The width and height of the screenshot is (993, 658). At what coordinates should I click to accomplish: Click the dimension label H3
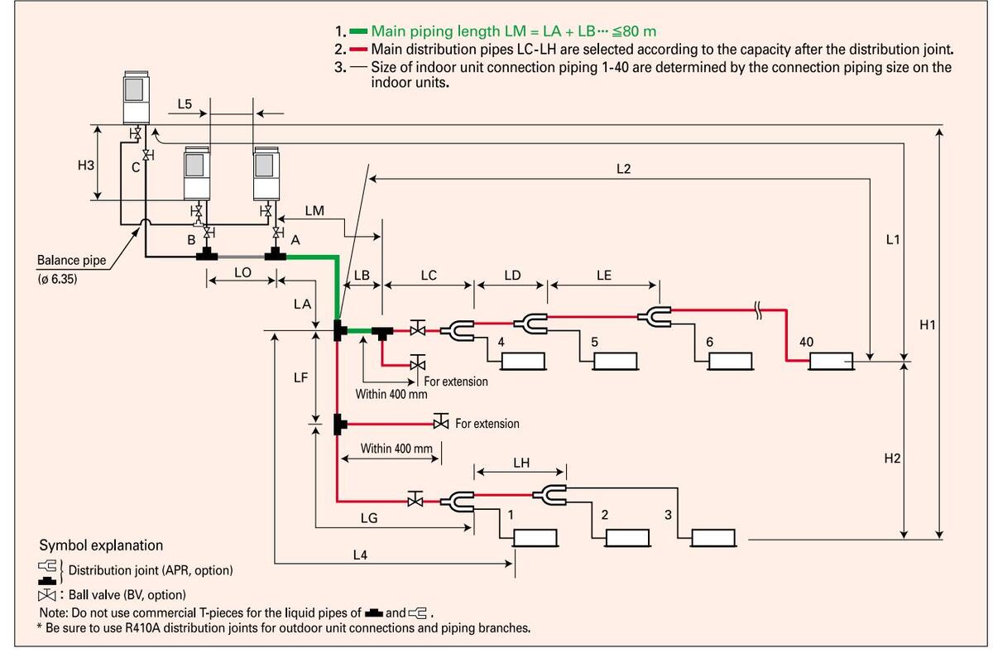click(86, 165)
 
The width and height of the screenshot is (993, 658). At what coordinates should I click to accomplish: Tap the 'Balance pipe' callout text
click(71, 260)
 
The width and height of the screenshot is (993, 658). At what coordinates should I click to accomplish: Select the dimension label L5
click(185, 104)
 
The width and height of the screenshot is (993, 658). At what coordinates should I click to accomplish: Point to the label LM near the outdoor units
click(314, 211)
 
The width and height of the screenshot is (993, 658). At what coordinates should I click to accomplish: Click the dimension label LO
click(242, 271)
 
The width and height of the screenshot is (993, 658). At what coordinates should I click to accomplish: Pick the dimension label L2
click(624, 169)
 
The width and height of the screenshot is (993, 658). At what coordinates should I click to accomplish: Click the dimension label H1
click(928, 325)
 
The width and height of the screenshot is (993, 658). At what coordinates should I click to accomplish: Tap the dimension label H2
click(891, 458)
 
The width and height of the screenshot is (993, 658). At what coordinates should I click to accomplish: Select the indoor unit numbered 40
click(830, 362)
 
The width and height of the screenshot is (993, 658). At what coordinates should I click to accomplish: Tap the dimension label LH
click(520, 463)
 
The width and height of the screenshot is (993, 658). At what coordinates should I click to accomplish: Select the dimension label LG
click(369, 518)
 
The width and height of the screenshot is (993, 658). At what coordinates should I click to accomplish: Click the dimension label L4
click(360, 555)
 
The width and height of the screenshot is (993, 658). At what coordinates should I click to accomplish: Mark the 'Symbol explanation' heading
click(101, 545)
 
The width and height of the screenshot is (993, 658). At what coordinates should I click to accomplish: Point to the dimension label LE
click(603, 276)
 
